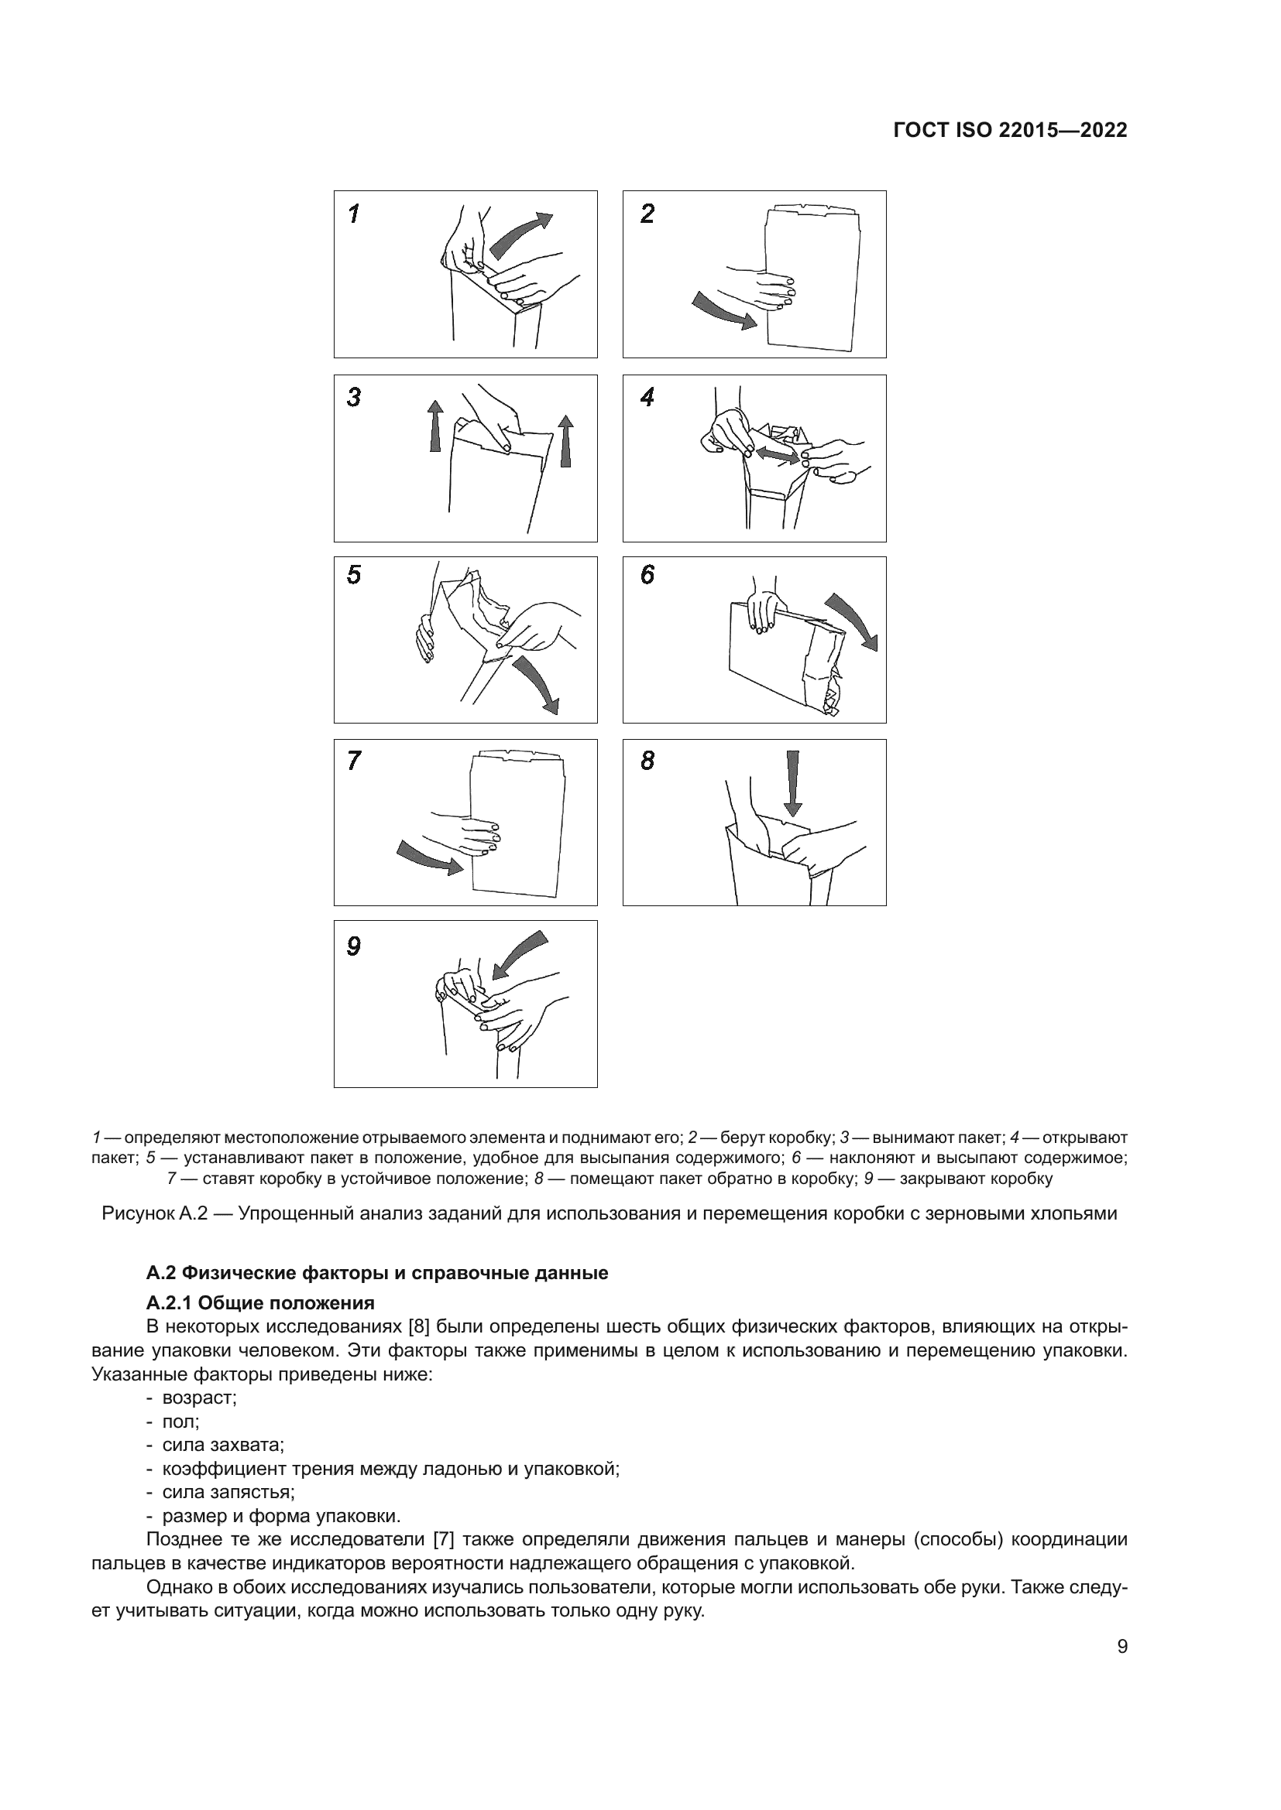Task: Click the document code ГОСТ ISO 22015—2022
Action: (x=1010, y=130)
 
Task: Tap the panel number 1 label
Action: (x=354, y=214)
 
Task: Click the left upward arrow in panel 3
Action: (x=434, y=425)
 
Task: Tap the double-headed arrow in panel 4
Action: (x=777, y=454)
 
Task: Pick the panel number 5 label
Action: (x=354, y=575)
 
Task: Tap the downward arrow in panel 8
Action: (x=793, y=785)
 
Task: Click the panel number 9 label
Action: (x=354, y=946)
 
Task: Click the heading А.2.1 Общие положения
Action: (x=260, y=1302)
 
